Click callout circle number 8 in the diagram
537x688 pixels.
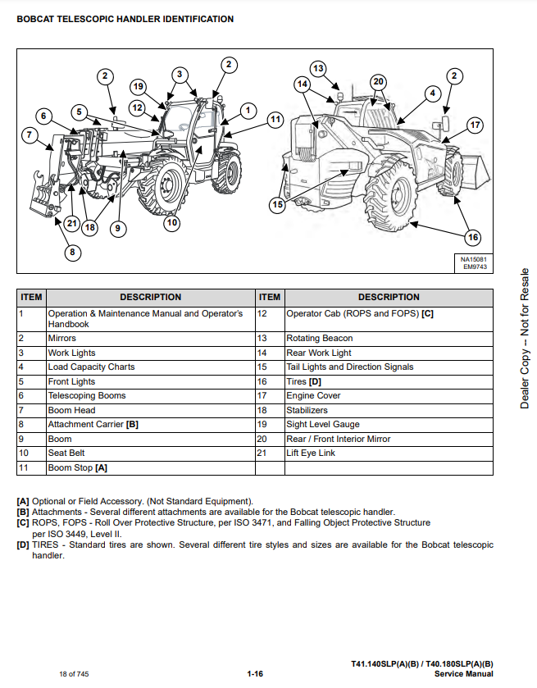(x=73, y=252)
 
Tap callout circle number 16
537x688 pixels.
(x=472, y=238)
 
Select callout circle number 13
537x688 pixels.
(x=318, y=68)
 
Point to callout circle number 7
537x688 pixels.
(x=30, y=135)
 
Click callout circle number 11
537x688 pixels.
(x=275, y=119)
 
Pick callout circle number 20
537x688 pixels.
(x=378, y=81)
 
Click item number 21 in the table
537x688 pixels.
(x=262, y=453)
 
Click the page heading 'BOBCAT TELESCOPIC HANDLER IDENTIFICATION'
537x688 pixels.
(x=125, y=19)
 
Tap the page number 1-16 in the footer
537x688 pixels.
(x=254, y=674)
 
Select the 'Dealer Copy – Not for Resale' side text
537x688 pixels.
(x=525, y=338)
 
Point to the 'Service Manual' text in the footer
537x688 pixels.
(x=463, y=674)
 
